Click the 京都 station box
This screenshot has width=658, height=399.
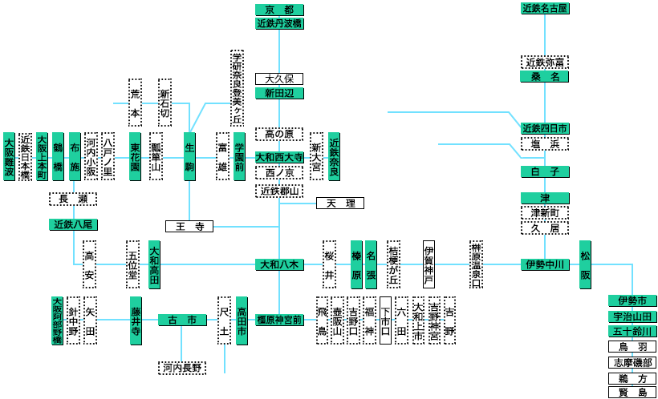pos(279,10)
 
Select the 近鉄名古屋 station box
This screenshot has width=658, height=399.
pos(545,9)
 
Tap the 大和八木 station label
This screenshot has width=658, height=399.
pos(279,264)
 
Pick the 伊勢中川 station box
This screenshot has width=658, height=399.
pos(545,264)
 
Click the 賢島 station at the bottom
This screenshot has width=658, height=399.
pos(632,393)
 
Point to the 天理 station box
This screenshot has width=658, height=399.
pos(340,203)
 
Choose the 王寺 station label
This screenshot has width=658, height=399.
pos(189,227)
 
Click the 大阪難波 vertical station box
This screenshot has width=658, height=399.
pos(9,156)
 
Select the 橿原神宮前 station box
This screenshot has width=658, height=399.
pos(279,320)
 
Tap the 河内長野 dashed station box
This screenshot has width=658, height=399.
pos(182,368)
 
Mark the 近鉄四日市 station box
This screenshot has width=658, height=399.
pos(545,128)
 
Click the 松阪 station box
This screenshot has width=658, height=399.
pos(585,264)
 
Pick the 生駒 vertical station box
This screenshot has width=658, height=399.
pos(189,156)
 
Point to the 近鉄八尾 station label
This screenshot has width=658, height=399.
pos(73,224)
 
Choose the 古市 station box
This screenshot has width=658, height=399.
pos(182,320)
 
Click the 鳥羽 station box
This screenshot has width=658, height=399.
pos(632,347)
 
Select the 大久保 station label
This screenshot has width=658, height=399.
pos(279,79)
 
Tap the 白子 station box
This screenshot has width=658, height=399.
pos(545,171)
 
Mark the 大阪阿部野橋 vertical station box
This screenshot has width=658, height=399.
pos(57,320)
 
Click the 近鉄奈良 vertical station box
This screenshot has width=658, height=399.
pos(334,156)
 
